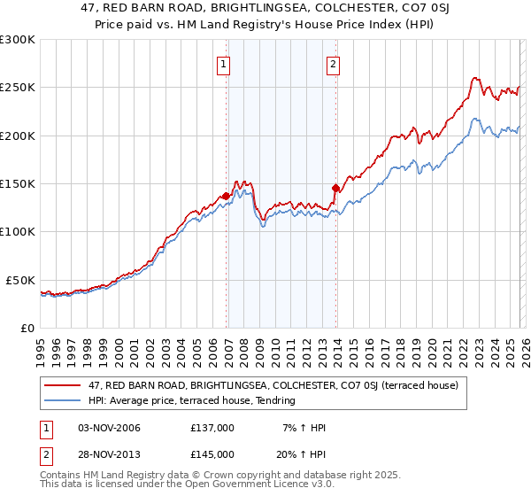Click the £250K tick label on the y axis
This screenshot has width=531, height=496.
coord(17,88)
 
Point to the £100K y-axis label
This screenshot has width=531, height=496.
coord(17,231)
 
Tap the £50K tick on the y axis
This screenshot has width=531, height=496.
coord(19,280)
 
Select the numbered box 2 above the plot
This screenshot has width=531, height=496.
coord(333,64)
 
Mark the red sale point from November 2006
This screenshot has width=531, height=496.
coord(227,196)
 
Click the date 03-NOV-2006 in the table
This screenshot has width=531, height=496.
coord(110,428)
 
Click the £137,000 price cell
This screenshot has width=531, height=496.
coord(212,428)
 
